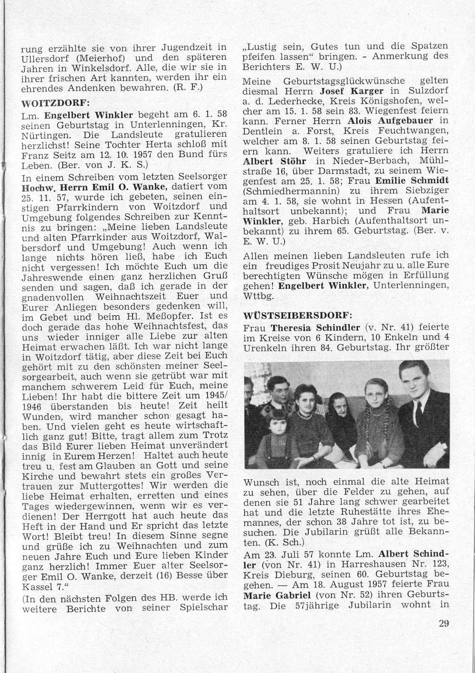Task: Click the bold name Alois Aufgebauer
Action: pos(386,121)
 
